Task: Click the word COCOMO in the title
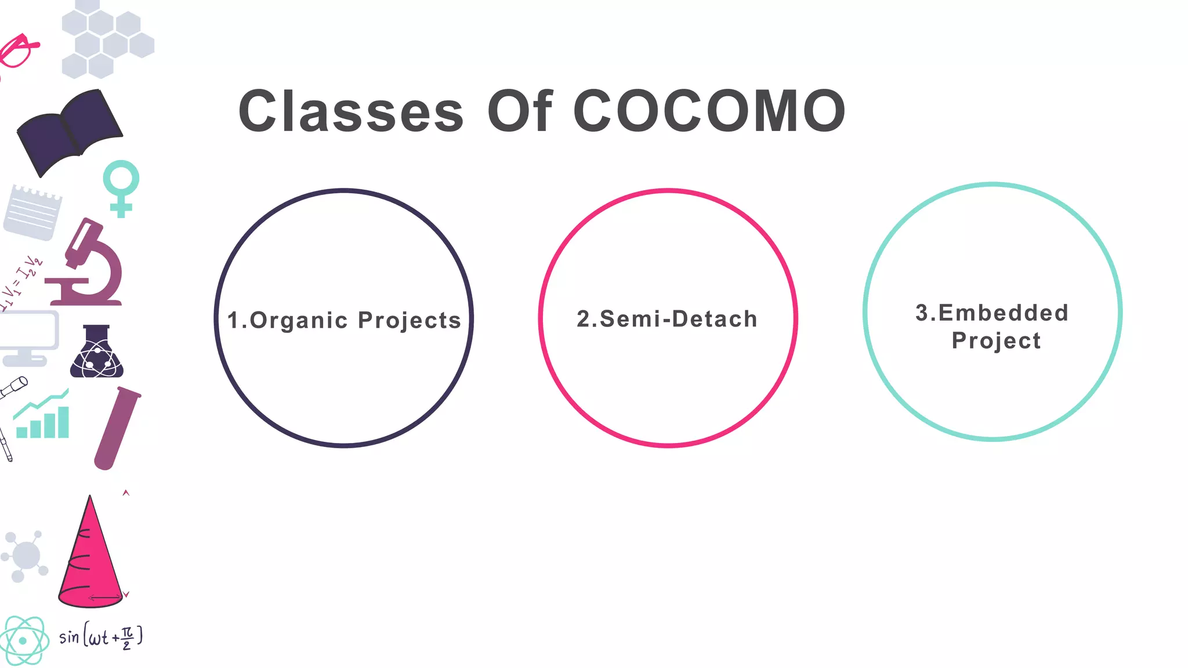[709, 111]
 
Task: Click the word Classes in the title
[351, 111]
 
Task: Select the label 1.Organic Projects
[344, 321]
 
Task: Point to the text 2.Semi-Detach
[667, 319]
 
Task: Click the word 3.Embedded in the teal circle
[992, 313]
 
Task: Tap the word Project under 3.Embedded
[996, 341]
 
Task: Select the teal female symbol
[121, 187]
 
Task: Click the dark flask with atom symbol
[97, 354]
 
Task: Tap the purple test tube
[117, 428]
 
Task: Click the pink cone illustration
[90, 557]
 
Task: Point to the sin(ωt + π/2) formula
[101, 637]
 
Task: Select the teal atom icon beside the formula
[23, 641]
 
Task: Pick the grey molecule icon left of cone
[25, 556]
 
